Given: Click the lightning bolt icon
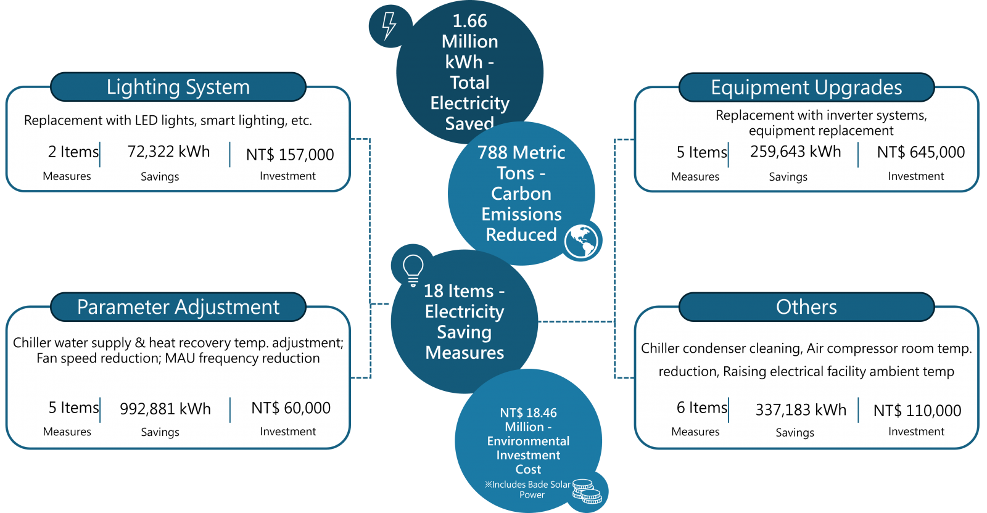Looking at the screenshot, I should (x=389, y=26).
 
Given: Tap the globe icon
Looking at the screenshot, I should (x=581, y=240).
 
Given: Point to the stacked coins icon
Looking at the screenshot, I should (x=587, y=492).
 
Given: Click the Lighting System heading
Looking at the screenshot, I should (x=178, y=87).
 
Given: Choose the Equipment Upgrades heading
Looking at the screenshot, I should (x=806, y=88).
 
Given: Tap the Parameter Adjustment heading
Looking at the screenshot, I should (x=178, y=307).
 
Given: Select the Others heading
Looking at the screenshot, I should (x=806, y=307).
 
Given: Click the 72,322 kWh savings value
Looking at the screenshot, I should (x=168, y=152).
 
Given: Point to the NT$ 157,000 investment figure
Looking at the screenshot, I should (x=290, y=155).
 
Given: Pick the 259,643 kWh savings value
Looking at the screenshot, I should (x=795, y=152).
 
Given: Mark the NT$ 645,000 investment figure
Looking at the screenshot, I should (x=920, y=152).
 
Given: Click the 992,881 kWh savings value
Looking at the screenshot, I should (x=165, y=409).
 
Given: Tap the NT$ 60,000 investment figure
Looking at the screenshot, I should (x=291, y=408).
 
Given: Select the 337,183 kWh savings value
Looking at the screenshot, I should (x=801, y=410).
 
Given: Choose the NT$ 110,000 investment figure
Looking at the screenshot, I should (x=917, y=411).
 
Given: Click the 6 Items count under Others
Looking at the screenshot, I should (x=702, y=408).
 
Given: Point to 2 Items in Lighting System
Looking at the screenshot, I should (x=73, y=152).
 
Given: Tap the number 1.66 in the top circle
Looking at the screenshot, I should (x=469, y=21).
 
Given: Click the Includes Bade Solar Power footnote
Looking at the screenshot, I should (x=529, y=490).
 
